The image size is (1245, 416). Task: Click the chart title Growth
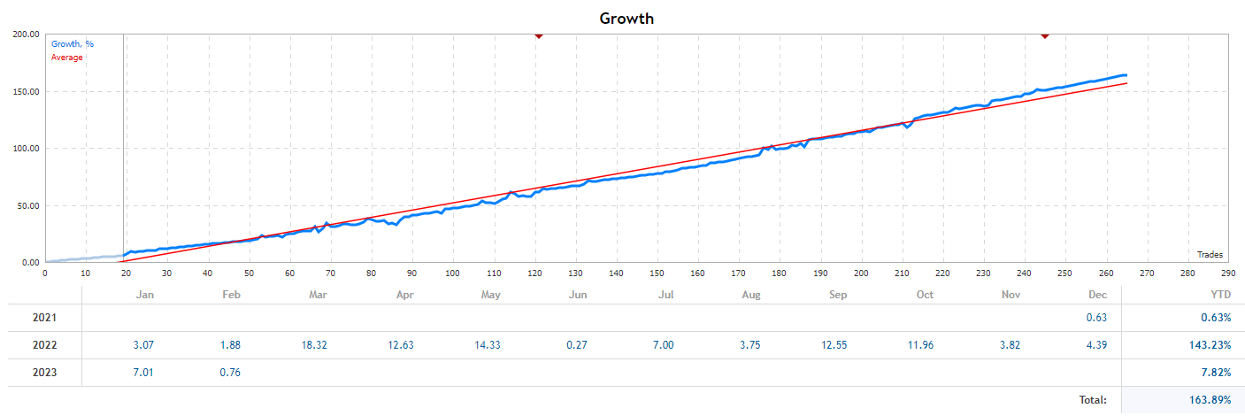click(x=626, y=18)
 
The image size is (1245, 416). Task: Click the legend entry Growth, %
click(x=73, y=44)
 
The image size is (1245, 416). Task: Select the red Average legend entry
click(x=67, y=58)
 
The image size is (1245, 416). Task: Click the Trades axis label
click(x=1209, y=255)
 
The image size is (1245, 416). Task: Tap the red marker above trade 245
click(x=1044, y=35)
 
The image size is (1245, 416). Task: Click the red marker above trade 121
click(x=538, y=35)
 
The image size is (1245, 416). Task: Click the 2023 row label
click(x=44, y=373)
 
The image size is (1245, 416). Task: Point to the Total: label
click(x=1092, y=400)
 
